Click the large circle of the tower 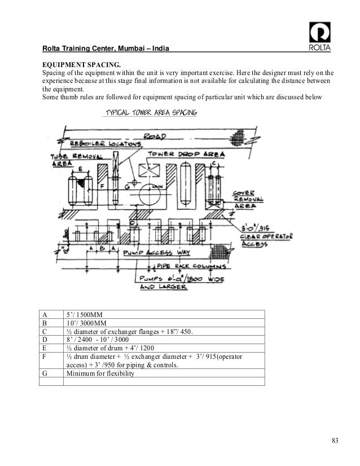click(158, 196)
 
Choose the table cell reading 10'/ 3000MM click(85, 323)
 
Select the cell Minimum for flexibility click(100, 373)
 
